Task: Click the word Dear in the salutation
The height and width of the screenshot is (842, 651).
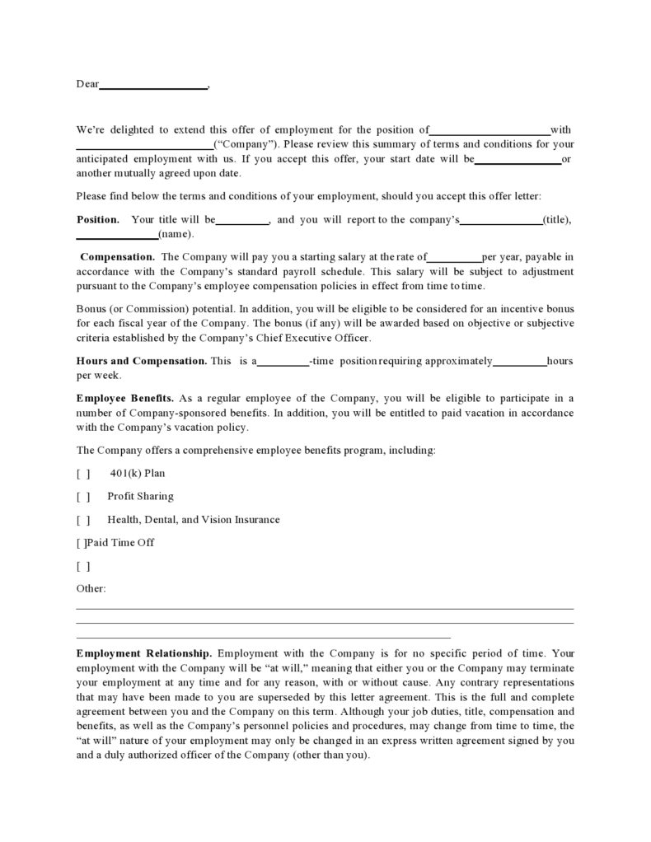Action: click(x=87, y=84)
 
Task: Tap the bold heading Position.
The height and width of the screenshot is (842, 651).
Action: click(x=97, y=220)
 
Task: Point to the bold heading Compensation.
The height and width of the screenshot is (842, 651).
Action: click(x=117, y=257)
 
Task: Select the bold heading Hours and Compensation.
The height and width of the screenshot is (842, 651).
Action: click(x=142, y=361)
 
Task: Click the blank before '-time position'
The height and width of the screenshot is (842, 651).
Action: click(x=283, y=363)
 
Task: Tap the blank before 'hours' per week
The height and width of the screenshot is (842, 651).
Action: click(x=520, y=363)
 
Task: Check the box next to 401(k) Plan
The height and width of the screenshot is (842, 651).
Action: click(x=83, y=474)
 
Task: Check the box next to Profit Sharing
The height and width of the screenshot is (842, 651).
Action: click(x=83, y=497)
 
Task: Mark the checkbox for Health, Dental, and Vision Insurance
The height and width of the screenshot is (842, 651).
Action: click(x=83, y=520)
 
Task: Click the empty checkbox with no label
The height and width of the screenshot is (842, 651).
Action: click(x=83, y=566)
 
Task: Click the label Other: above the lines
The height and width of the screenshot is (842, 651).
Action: click(x=91, y=589)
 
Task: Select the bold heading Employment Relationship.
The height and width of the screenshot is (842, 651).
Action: click(x=144, y=652)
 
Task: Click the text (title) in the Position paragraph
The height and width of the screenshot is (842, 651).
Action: click(x=557, y=220)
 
